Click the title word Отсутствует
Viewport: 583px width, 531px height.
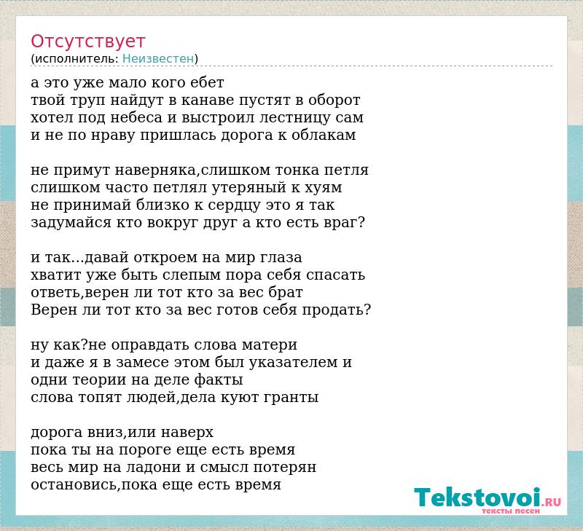(x=87, y=42)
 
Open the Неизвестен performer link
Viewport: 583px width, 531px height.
(x=158, y=59)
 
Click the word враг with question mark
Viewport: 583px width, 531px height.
(x=343, y=223)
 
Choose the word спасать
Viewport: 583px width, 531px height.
(x=336, y=275)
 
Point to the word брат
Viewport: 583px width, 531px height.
(x=286, y=292)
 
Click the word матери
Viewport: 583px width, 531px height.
(x=269, y=345)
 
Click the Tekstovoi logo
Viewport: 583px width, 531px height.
(x=487, y=498)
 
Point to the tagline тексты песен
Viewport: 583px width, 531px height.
(x=511, y=511)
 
